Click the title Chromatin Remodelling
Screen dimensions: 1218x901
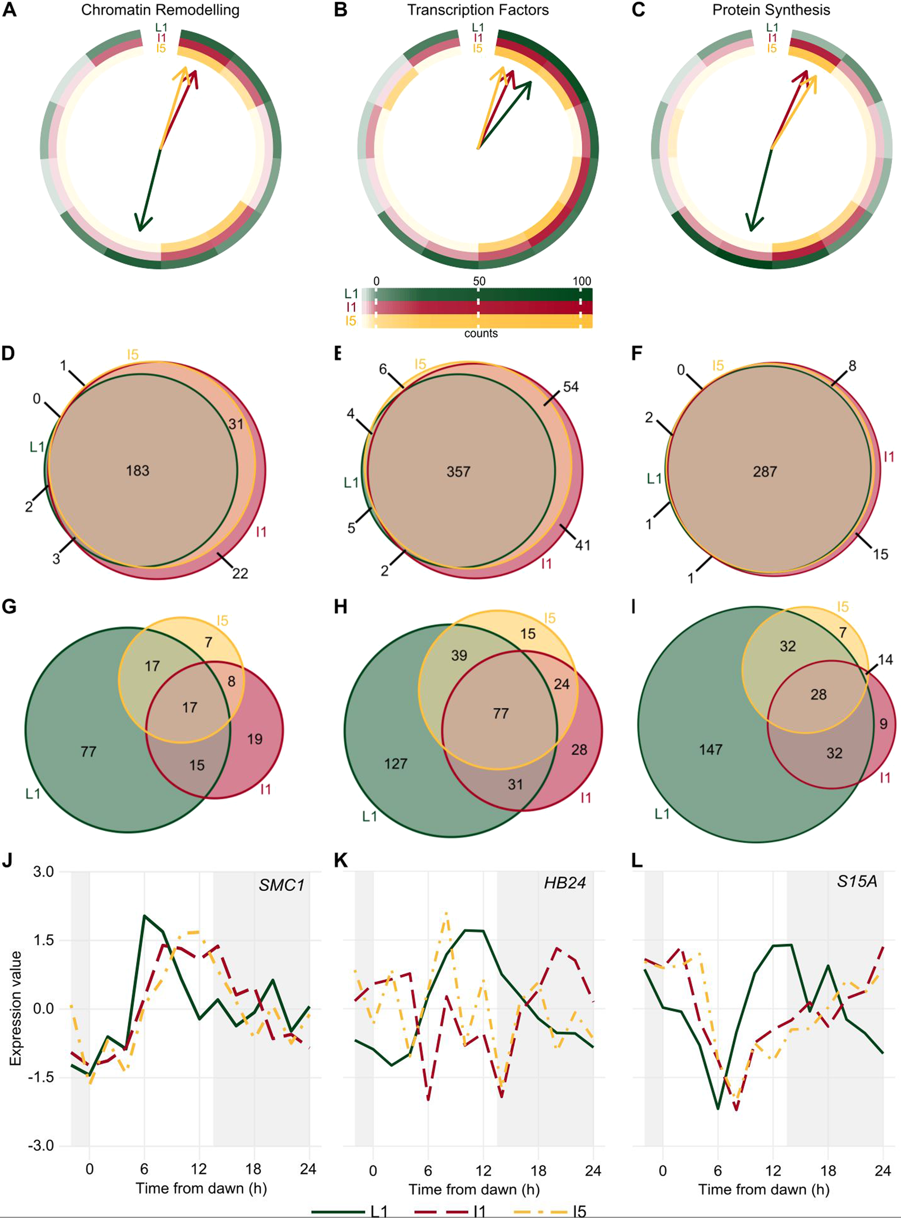point(160,10)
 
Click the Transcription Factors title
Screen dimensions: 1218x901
point(478,10)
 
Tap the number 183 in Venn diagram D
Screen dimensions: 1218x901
point(138,470)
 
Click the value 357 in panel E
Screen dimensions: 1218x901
point(458,471)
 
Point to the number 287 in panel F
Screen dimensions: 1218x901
point(764,471)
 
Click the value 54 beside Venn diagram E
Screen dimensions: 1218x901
point(571,387)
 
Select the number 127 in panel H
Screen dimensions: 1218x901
point(395,763)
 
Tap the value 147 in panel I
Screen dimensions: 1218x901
point(710,749)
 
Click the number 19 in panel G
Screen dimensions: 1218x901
point(255,739)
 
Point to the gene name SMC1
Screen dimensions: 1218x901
point(282,885)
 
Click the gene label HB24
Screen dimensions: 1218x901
point(565,883)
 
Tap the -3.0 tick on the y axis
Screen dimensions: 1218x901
point(42,1146)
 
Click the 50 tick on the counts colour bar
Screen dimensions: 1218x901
point(479,281)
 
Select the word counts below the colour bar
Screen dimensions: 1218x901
point(481,333)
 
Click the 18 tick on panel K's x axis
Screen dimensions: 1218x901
point(538,1170)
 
